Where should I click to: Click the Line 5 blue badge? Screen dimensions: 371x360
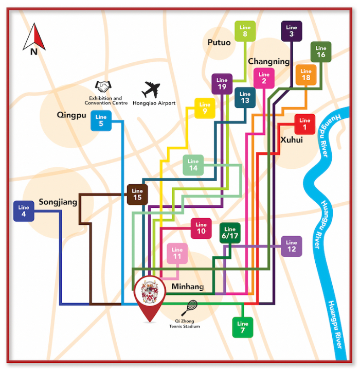click(x=101, y=121)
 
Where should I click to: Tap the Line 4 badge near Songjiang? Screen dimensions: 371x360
click(x=24, y=211)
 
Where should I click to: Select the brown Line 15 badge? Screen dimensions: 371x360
click(x=137, y=195)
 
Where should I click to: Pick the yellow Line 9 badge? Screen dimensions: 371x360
click(x=205, y=108)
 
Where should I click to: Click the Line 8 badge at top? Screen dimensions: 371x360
click(x=245, y=31)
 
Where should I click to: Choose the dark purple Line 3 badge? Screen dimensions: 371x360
click(x=292, y=31)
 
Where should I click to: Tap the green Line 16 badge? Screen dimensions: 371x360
click(x=321, y=52)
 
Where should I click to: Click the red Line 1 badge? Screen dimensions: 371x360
click(x=304, y=124)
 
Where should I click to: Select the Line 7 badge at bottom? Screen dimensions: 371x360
click(x=243, y=327)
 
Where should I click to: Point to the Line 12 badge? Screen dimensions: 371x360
click(x=292, y=246)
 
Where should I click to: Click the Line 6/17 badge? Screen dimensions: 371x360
click(x=230, y=233)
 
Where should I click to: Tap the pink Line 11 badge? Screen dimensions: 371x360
click(x=177, y=253)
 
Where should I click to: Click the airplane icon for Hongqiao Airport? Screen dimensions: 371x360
click(x=151, y=90)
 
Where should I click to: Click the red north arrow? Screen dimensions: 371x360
click(x=34, y=37)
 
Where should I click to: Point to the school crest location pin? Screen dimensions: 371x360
click(x=150, y=296)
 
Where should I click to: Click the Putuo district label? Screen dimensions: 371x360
click(x=219, y=43)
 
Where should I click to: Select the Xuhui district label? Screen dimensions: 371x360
click(x=291, y=140)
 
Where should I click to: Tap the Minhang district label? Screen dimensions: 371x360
click(x=187, y=287)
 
